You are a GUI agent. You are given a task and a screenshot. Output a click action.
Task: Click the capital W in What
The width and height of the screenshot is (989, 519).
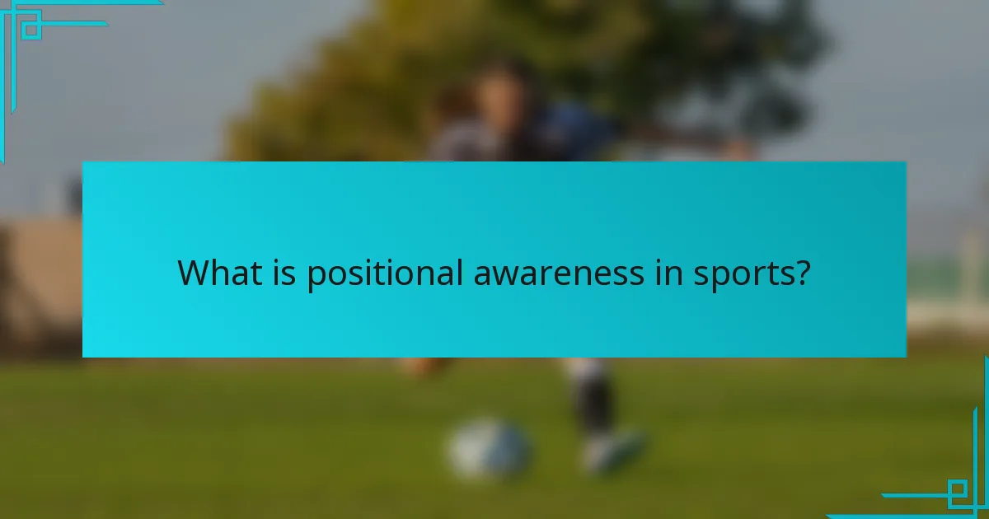point(193,273)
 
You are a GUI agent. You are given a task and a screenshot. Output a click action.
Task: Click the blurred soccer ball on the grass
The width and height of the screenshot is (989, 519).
point(490,448)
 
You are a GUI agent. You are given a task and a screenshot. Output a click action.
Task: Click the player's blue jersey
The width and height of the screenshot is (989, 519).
point(569,132)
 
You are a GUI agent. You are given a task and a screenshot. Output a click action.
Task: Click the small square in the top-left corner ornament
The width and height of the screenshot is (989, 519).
point(31,30)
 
